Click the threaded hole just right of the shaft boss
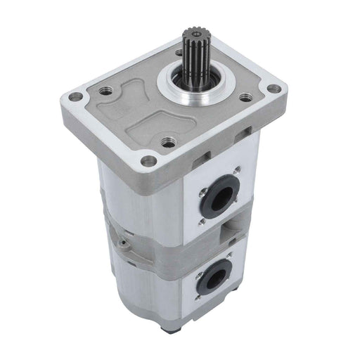[x=245, y=98]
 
